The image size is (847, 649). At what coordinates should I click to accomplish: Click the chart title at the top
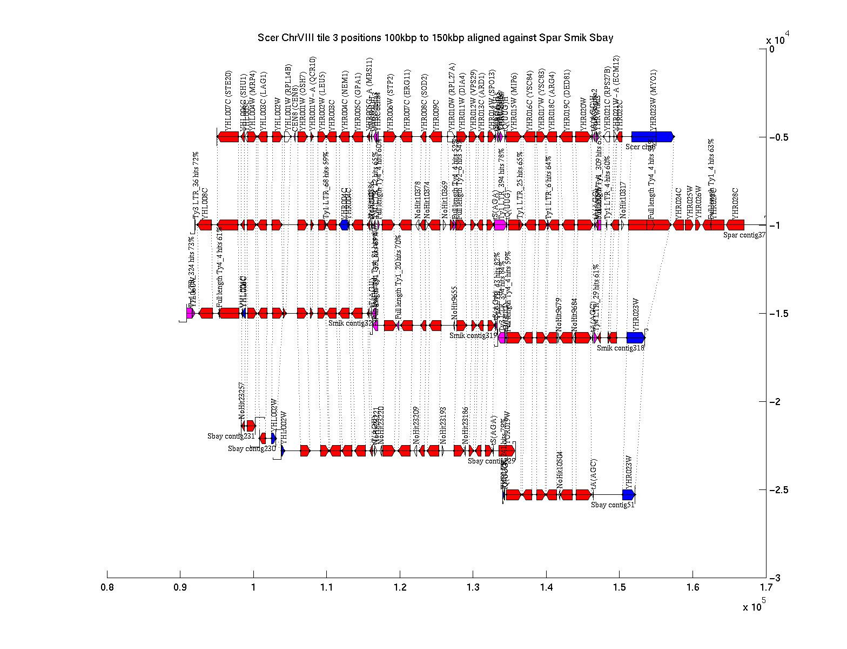point(435,37)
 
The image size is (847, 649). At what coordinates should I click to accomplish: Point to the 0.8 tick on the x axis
point(107,587)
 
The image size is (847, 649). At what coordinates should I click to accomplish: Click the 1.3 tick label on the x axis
point(473,587)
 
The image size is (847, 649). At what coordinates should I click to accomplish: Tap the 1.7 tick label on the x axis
point(765,587)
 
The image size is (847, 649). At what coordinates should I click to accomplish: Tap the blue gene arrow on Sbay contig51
point(629,494)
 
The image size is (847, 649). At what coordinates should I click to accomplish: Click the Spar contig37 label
point(744,235)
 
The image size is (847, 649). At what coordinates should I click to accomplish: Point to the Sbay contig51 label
point(613,505)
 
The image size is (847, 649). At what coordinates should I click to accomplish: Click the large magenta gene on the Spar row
point(500,225)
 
